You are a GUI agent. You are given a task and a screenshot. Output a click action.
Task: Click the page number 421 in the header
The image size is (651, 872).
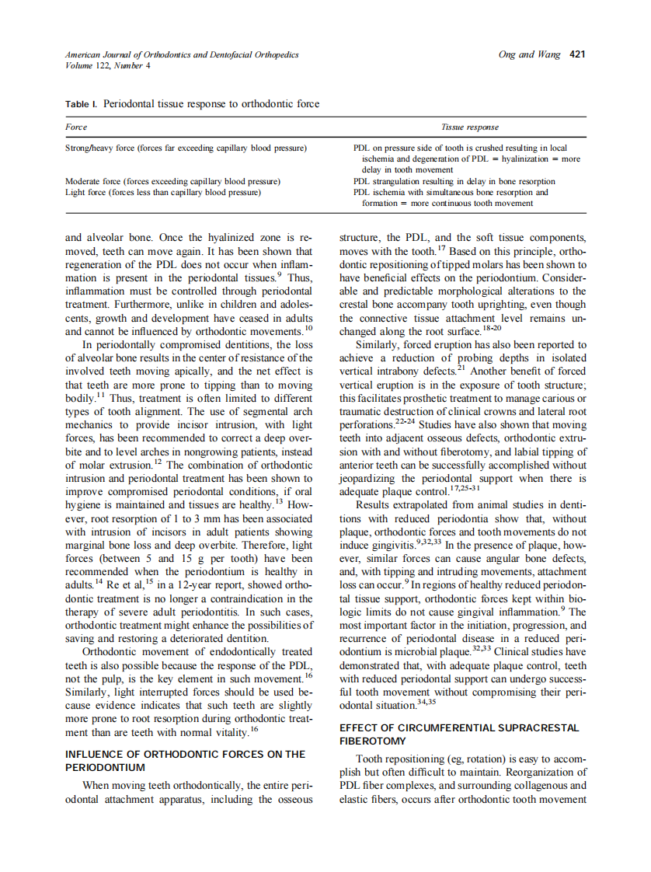[576, 54]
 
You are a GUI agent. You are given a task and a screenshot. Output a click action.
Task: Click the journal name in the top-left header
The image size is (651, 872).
[182, 54]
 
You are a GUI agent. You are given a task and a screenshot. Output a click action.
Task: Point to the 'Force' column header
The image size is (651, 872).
[76, 127]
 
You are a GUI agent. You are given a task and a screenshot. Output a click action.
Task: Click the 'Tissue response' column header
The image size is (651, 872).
[469, 127]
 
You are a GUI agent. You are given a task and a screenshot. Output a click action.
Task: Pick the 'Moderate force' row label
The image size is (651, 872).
[172, 181]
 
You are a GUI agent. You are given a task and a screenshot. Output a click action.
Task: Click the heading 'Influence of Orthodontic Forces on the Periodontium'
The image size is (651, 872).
[186, 760]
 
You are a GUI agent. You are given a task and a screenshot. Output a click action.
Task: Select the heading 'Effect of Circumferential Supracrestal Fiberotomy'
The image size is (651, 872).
[458, 734]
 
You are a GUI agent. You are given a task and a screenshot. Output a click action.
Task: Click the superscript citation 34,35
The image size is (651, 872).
[427, 702]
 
